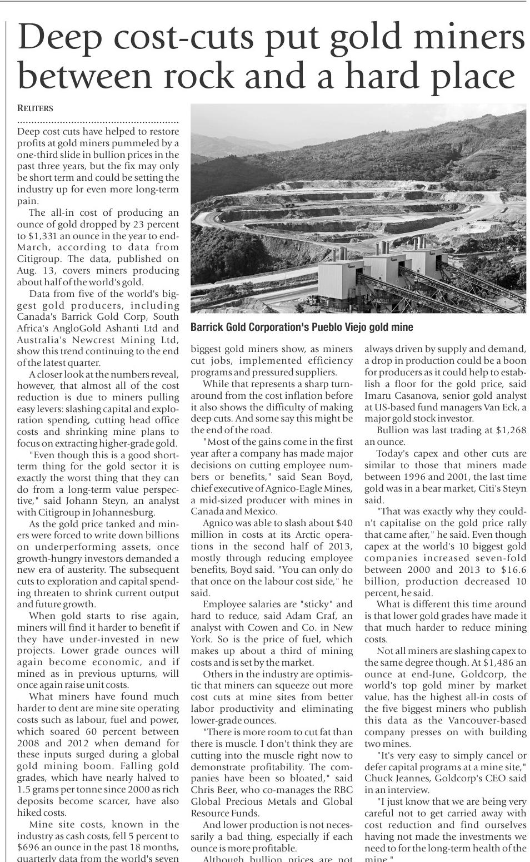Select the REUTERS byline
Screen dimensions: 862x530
click(x=35, y=108)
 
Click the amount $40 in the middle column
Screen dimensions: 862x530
click(x=344, y=523)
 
